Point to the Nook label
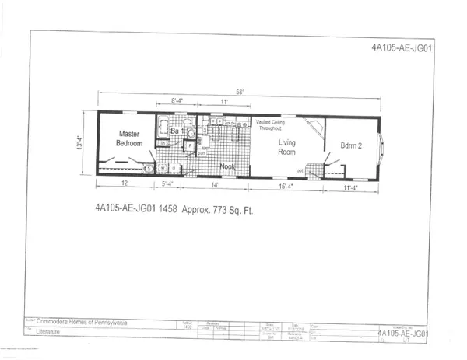pos(226,166)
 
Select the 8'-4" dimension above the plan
pos(178,102)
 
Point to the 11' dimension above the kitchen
pos(223,102)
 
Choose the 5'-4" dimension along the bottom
pos(167,185)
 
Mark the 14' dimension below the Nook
pos(215,185)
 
